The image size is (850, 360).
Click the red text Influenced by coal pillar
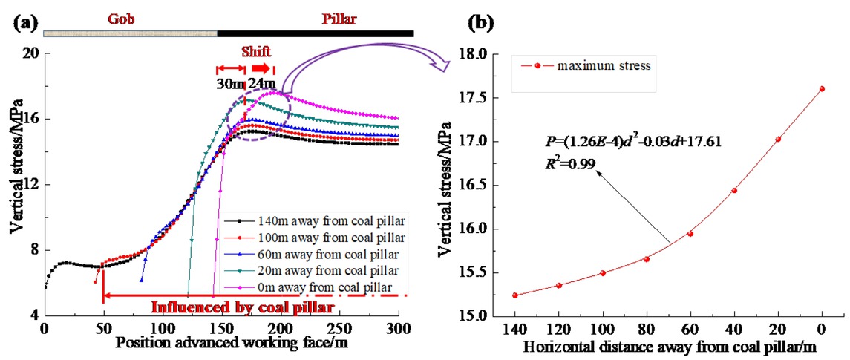(x=241, y=307)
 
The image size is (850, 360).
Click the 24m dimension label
(x=261, y=83)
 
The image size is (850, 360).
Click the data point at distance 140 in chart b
(x=514, y=295)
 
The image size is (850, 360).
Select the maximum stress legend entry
(x=594, y=66)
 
